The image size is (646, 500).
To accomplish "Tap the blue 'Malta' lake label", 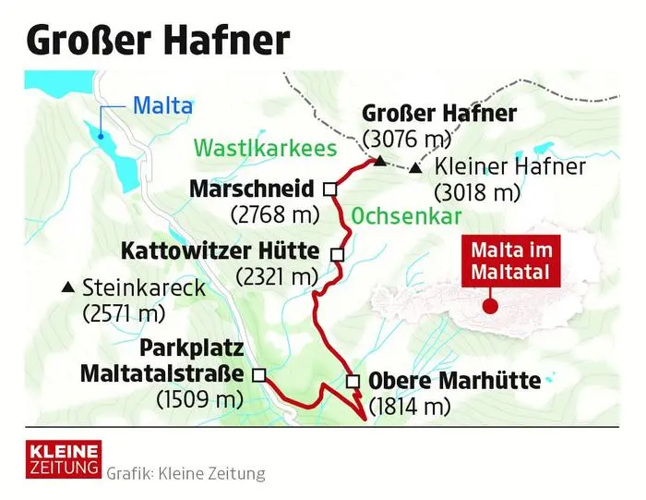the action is coord(162,105).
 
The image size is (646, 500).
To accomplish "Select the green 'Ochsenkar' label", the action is coord(406,215).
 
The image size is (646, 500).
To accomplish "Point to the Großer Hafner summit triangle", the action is coord(378,162).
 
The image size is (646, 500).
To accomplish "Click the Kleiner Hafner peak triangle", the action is coord(416,169).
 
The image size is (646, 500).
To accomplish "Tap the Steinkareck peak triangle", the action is coord(66,287).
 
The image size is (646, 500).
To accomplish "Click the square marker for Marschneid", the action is coord(329,189).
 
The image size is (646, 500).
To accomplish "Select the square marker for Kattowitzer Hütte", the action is coord(337,253).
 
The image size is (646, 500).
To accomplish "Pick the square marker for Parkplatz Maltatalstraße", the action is coord(258,374).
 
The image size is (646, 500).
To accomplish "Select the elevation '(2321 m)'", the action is coord(277,275).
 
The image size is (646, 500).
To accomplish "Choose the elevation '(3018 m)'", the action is coord(476,193).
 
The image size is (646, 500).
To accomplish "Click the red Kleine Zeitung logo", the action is coord(63,459).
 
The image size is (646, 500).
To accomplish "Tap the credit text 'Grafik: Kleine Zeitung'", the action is coord(185,474).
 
